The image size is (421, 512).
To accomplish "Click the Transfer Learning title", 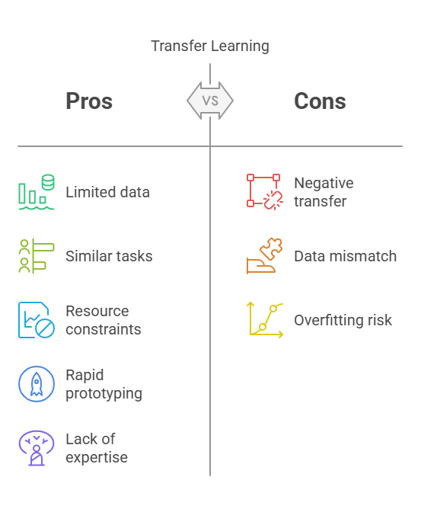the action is [210, 46].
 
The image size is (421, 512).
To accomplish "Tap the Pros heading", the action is [89, 101].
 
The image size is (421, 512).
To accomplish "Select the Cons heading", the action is [320, 101].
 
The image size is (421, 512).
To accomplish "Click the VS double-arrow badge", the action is [210, 101].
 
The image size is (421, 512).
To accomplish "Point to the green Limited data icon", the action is [37, 192].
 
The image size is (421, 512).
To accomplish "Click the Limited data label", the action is [107, 192].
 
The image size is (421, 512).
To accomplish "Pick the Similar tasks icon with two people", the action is [37, 256].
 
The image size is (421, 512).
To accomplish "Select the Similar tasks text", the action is [109, 256].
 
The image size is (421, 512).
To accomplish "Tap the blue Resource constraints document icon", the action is [37, 320].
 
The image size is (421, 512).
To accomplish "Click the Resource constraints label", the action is [104, 320].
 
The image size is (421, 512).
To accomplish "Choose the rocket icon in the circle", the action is [37, 384].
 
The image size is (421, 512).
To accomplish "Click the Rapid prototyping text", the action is [104, 384].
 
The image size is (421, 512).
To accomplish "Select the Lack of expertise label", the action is [97, 448].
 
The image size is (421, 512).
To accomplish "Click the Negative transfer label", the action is [324, 192].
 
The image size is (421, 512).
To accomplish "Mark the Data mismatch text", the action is [346, 256].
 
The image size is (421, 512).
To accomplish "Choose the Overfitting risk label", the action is [343, 320].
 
